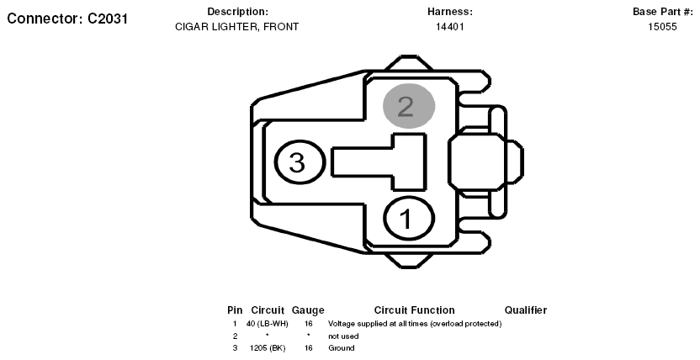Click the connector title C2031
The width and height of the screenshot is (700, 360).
[67, 19]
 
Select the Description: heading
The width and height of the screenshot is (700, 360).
[237, 12]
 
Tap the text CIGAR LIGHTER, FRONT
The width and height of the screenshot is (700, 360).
[236, 27]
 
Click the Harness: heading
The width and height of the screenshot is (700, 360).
[449, 12]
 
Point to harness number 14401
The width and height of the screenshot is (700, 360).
[449, 27]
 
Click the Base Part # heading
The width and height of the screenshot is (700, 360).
[662, 12]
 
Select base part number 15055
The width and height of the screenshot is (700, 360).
[662, 27]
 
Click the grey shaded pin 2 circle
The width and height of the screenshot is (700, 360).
[409, 106]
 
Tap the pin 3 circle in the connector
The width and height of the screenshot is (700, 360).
[299, 161]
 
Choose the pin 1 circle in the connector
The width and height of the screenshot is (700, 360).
[409, 219]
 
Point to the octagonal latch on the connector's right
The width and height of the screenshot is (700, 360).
[475, 161]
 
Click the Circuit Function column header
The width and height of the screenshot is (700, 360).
[414, 310]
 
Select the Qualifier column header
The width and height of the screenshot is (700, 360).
[526, 310]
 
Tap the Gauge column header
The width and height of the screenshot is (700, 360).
[308, 310]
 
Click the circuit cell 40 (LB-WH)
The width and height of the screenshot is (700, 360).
[267, 324]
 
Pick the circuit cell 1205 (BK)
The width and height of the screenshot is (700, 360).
[268, 348]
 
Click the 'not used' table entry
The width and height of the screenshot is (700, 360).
[343, 336]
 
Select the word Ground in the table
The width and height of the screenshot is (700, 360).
[342, 348]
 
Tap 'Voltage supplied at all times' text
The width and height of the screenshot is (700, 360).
[378, 324]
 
